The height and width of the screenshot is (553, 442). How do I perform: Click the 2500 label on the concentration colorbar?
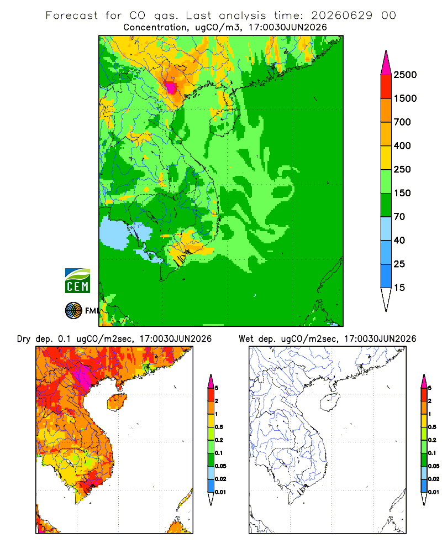(x=405, y=75)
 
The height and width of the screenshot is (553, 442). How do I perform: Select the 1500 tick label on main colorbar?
(x=405, y=98)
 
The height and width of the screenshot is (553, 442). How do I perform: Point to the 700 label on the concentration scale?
(x=402, y=122)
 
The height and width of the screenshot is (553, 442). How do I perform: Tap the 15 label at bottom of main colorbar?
(x=399, y=288)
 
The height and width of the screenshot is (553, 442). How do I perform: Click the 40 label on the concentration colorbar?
(x=399, y=240)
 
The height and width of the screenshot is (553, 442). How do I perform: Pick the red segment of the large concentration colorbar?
(x=386, y=87)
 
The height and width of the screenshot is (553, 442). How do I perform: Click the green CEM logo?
(x=77, y=281)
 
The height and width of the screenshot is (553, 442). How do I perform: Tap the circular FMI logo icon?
(x=73, y=311)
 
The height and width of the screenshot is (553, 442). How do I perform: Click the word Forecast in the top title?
(x=72, y=15)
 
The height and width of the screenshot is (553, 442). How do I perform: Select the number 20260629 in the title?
(x=341, y=15)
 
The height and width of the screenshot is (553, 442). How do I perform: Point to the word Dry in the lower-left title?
(x=24, y=339)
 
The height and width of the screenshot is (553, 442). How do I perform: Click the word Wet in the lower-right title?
(x=246, y=339)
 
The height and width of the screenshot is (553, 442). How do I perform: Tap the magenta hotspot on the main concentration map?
(x=171, y=87)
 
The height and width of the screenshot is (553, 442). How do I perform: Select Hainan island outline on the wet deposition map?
(x=330, y=402)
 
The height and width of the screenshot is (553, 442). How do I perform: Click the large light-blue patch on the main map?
(x=114, y=233)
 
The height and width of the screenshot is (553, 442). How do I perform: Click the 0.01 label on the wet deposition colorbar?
(x=434, y=492)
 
